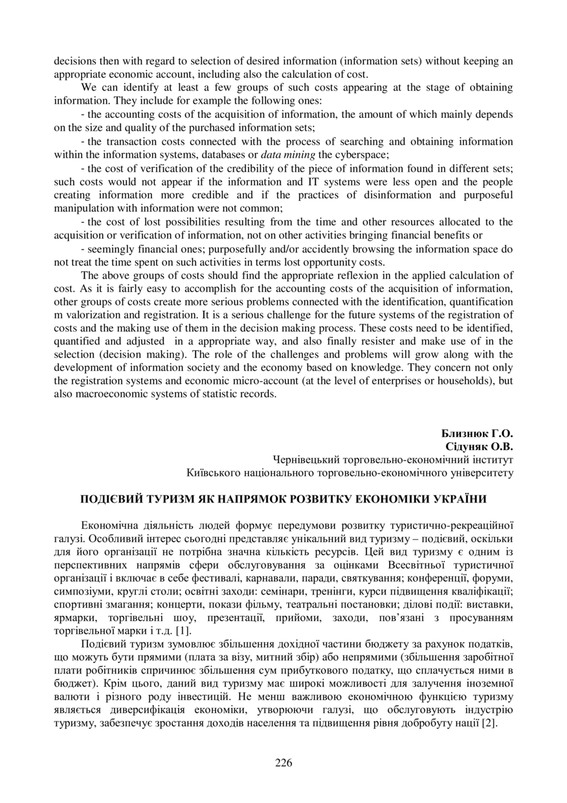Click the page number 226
tap(283, 762)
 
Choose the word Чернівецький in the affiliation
tap(309, 460)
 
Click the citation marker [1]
tap(183, 631)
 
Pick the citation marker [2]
tap(489, 723)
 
